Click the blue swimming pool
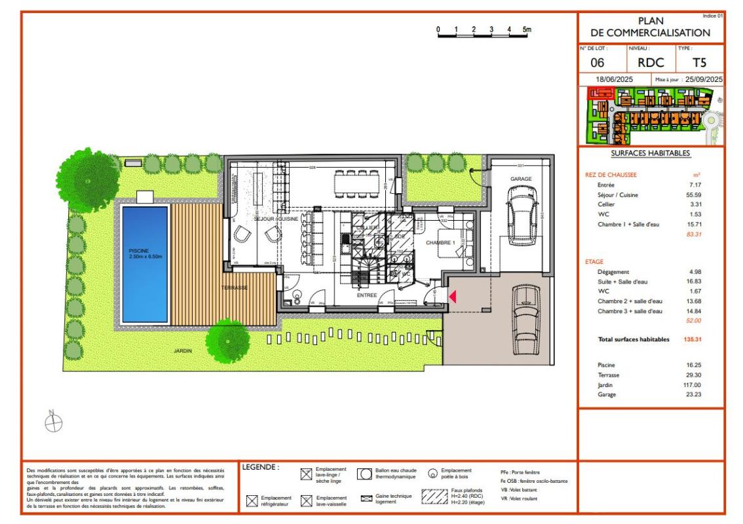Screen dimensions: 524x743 tap(145, 262)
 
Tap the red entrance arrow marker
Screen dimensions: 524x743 tap(451, 297)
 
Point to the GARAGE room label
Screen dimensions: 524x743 tap(521, 179)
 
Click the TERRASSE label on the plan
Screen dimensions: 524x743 tap(234, 288)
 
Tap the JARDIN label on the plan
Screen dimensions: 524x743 tap(182, 352)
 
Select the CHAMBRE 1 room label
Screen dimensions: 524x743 tap(440, 243)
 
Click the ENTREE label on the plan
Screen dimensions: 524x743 tap(366, 295)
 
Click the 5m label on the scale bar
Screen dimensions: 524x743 tap(527, 30)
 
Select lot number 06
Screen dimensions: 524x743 tap(598, 63)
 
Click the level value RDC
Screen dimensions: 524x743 tap(651, 63)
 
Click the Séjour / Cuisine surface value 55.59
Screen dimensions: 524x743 tap(700, 195)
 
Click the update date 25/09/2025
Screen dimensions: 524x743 tap(703, 79)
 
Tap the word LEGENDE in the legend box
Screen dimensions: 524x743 tap(260, 468)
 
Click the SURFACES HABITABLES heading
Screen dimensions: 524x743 tap(650, 153)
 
